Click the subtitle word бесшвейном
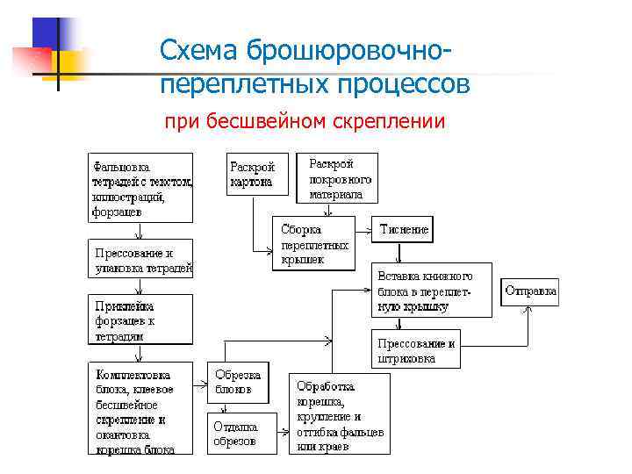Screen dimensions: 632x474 click(x=267, y=121)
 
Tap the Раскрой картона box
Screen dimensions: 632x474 click(x=253, y=175)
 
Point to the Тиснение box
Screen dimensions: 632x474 click(x=404, y=230)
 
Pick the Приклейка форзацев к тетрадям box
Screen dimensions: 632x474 click(x=140, y=319)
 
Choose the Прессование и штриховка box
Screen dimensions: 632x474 click(x=416, y=350)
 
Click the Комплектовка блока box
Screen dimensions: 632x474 click(x=140, y=409)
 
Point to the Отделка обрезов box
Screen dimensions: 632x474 click(x=234, y=433)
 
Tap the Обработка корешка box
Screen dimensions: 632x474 click(x=341, y=414)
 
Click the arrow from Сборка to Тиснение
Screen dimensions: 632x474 click(x=363, y=231)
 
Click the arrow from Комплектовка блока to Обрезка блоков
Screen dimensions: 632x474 click(x=200, y=380)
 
